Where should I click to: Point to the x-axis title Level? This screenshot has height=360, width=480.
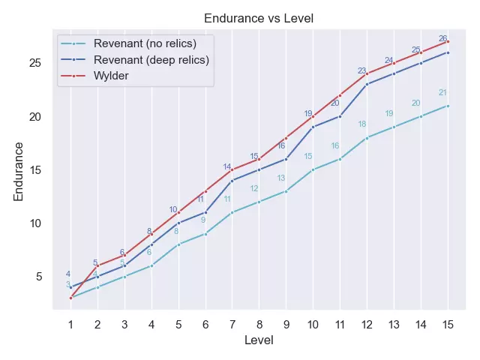(x=259, y=340)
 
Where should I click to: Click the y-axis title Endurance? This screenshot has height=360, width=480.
(x=19, y=170)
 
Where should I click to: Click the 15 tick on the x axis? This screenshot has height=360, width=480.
(x=448, y=324)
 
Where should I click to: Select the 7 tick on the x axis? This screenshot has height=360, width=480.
(x=232, y=324)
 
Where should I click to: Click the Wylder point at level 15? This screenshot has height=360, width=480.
(x=448, y=41)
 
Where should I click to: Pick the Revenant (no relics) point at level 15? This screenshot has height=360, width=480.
(x=448, y=106)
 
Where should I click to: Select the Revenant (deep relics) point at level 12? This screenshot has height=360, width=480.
(x=367, y=84)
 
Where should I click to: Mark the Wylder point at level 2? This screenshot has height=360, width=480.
(x=97, y=266)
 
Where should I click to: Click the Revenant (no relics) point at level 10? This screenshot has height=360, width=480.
(x=313, y=169)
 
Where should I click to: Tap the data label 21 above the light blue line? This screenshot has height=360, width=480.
(x=442, y=93)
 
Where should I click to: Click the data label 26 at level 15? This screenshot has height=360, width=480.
(x=442, y=38)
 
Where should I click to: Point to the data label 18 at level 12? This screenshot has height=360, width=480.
(x=362, y=124)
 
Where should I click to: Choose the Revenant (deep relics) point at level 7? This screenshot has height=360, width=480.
(x=232, y=181)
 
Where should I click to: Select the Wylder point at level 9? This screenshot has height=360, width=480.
(x=286, y=138)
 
